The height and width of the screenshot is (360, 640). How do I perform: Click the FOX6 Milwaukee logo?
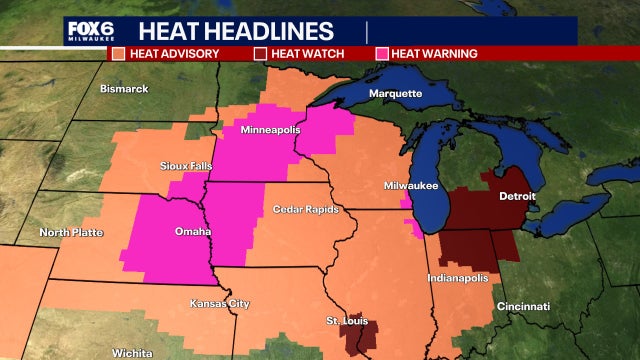coord(91,30)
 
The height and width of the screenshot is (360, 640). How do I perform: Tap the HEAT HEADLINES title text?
coord(238,30)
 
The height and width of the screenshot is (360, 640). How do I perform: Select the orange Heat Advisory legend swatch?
coord(118,53)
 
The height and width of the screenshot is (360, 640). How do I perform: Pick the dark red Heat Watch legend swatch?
coord(260,53)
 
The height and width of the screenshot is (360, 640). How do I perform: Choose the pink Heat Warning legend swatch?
coord(381,53)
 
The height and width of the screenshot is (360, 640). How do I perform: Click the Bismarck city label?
coord(124,89)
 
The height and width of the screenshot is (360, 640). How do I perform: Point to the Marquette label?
coord(395,94)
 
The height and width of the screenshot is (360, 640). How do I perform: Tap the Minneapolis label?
coord(268,131)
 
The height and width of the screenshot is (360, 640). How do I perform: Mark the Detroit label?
coord(517,196)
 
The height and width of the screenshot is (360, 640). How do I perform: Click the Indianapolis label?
coord(457,277)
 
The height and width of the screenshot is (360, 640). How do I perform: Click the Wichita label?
coord(132,353)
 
